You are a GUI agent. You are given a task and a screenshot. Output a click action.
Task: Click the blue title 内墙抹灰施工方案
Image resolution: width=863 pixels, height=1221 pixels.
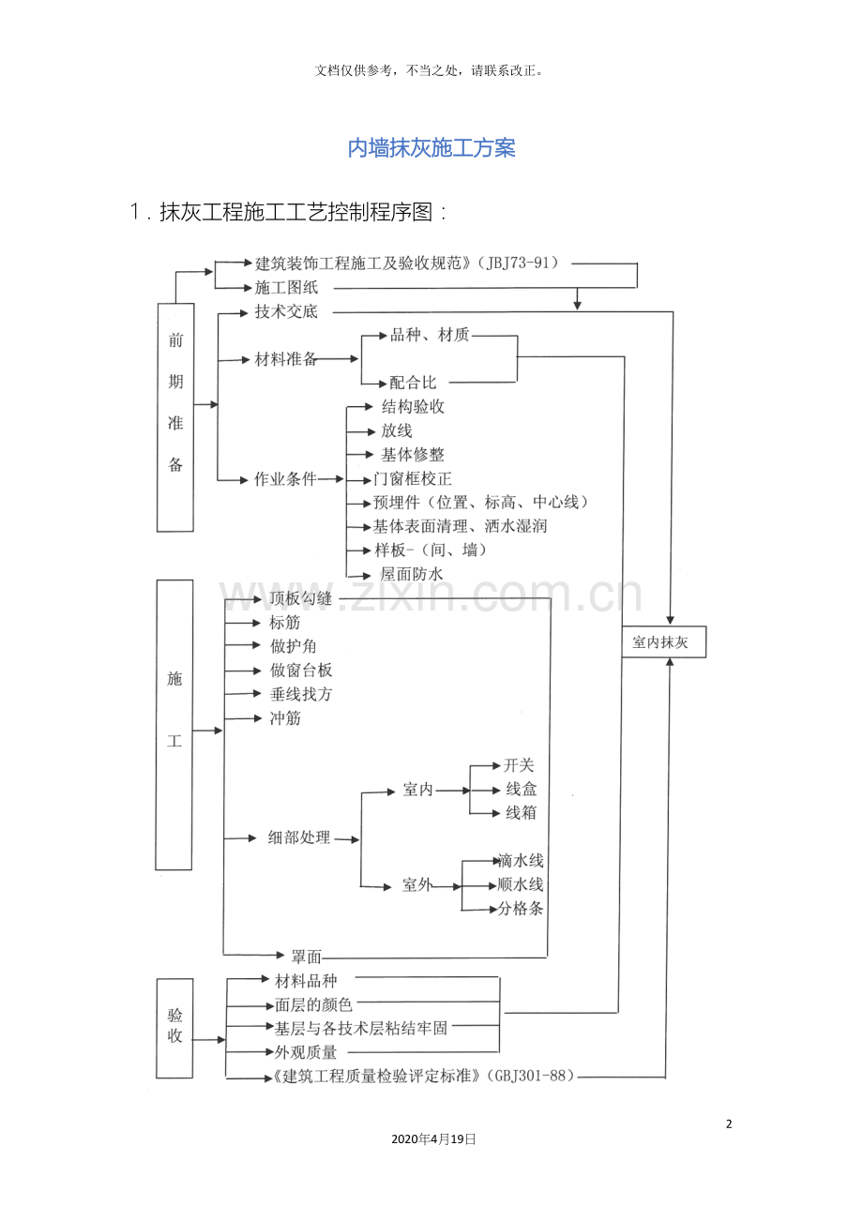[431, 148]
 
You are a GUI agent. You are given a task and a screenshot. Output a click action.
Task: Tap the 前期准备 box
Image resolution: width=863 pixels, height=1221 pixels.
[175, 416]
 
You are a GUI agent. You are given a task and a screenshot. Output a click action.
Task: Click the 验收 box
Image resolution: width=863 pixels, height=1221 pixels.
[174, 1028]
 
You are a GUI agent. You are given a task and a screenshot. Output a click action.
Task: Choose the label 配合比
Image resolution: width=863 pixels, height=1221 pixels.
[413, 383]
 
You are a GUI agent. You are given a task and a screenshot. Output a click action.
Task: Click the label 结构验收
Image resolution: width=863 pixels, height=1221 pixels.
[413, 407]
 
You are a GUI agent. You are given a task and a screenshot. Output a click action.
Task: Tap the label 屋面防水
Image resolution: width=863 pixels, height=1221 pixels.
[411, 574]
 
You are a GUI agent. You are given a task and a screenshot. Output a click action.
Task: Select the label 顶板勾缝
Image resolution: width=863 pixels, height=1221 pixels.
[300, 598]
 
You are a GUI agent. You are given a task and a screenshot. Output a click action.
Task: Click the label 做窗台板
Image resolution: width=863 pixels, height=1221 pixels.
[301, 671]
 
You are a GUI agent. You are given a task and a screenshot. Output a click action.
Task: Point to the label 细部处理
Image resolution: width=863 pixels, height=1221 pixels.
[299, 838]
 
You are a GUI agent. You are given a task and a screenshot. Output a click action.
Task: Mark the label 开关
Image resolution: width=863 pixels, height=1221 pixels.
[519, 765]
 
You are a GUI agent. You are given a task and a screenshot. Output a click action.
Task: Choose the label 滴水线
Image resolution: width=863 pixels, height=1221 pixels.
[521, 861]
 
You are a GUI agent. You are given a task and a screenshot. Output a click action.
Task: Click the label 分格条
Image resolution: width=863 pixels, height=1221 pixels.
[521, 909]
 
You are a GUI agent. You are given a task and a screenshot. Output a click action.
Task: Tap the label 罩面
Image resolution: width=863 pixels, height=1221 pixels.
[306, 957]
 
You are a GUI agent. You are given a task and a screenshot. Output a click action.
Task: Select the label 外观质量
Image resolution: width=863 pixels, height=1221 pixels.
[306, 1052]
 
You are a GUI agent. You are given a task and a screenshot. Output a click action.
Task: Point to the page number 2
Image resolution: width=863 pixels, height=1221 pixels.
[729, 1124]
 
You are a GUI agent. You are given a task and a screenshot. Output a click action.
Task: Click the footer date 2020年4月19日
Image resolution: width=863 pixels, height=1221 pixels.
[432, 1139]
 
